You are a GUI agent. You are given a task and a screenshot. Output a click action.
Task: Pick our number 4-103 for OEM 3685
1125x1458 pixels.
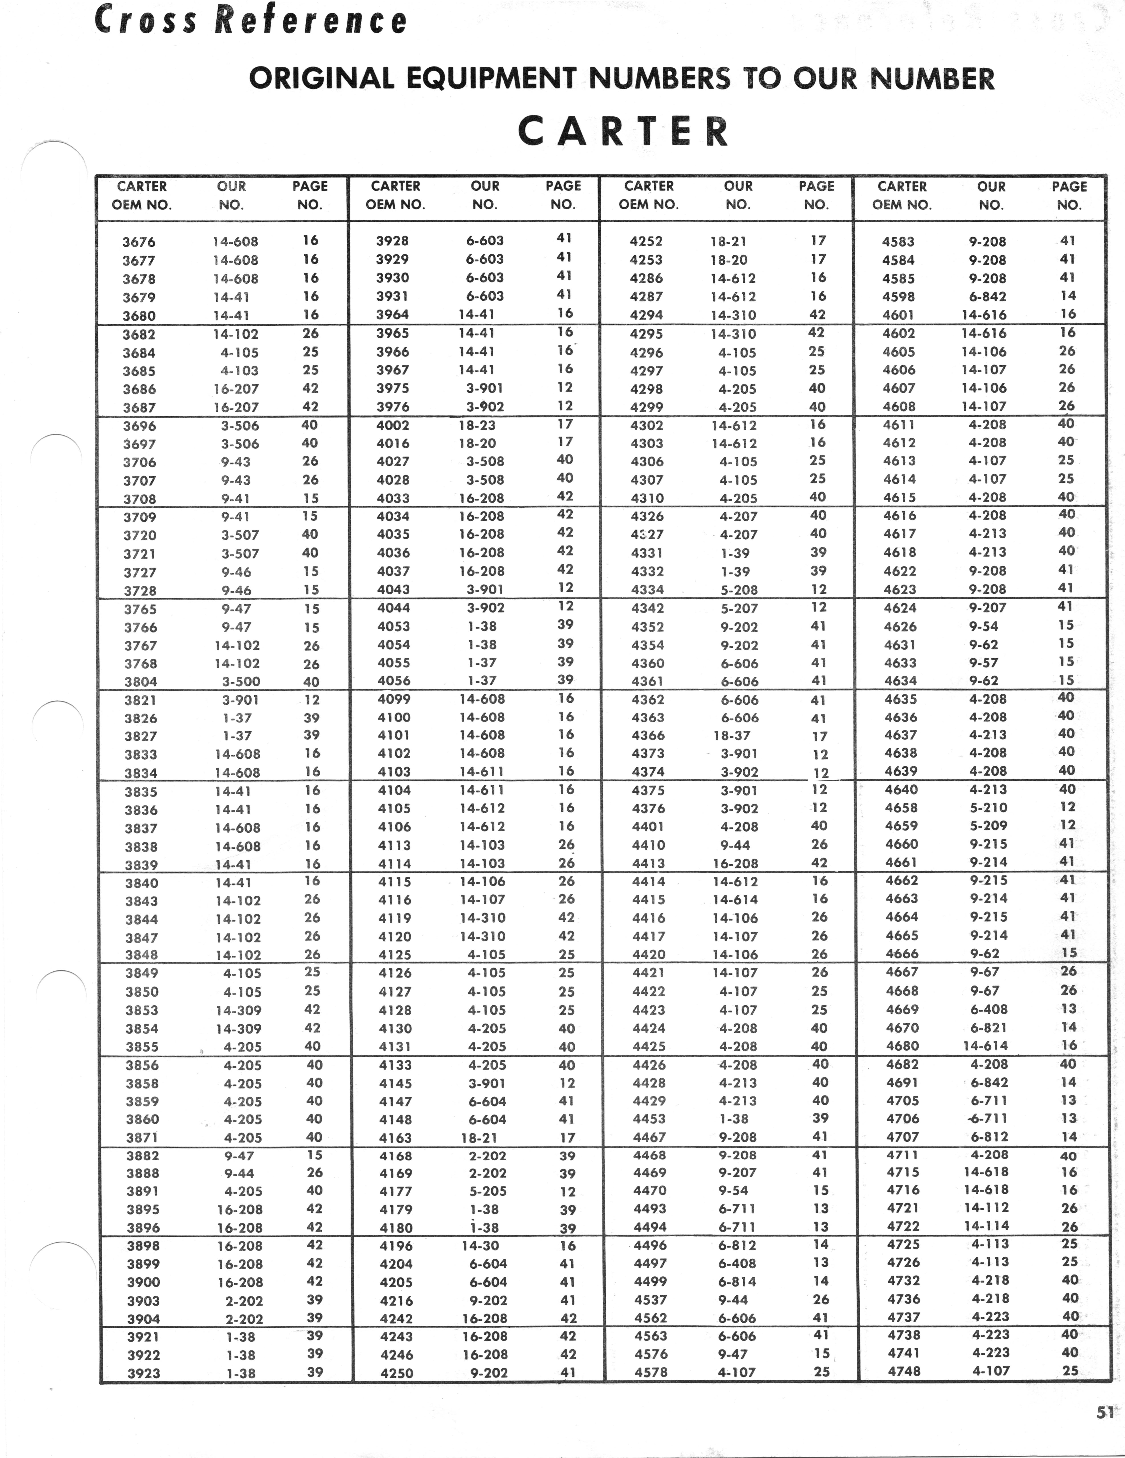[240, 370]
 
